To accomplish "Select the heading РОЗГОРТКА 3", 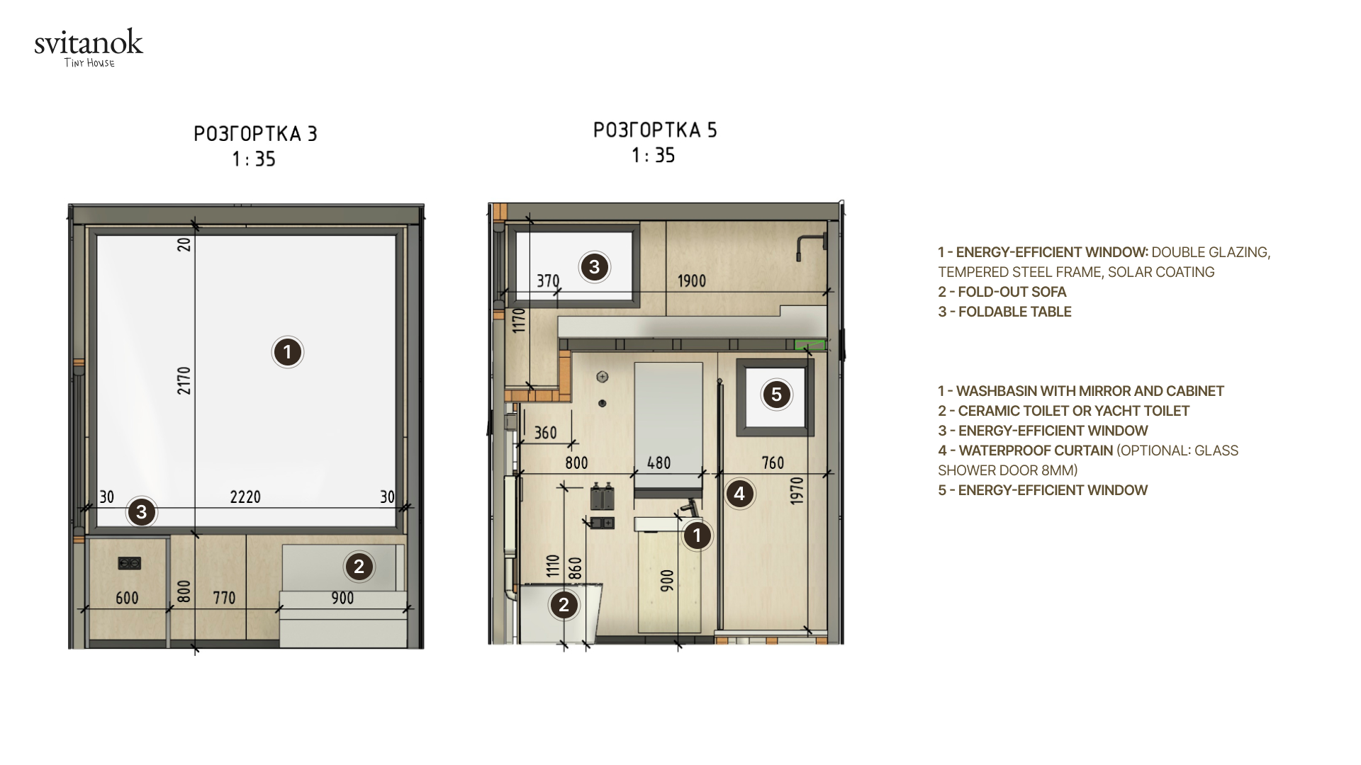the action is [x=255, y=134].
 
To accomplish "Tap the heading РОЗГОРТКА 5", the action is [x=655, y=130].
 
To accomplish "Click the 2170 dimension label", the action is [x=184, y=380].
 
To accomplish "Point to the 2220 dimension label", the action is [x=245, y=497].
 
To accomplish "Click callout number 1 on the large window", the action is [x=288, y=352].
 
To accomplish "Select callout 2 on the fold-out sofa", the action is [x=359, y=567].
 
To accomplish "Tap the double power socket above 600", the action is [x=129, y=563].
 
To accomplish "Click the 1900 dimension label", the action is [x=692, y=281].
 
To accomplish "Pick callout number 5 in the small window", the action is [x=776, y=395].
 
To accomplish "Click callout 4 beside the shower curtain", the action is [x=739, y=494].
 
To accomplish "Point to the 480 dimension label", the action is [x=659, y=463].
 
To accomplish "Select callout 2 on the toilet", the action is [x=564, y=605].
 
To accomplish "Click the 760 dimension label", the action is [x=773, y=463].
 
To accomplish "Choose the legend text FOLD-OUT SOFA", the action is [x=1012, y=292].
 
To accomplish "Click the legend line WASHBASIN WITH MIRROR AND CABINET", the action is [x=1081, y=391].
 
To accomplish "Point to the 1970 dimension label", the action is [x=797, y=490].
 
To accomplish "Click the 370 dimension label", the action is [x=548, y=281].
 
